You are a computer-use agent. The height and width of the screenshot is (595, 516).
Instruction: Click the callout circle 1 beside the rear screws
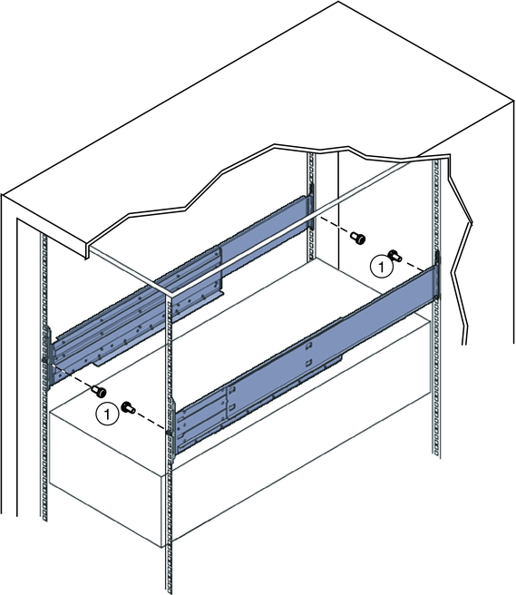pyautogui.click(x=381, y=267)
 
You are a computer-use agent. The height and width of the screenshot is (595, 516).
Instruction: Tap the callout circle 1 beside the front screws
pyautogui.click(x=108, y=414)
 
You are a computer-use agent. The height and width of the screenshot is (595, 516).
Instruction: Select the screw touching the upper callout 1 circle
pyautogui.click(x=394, y=256)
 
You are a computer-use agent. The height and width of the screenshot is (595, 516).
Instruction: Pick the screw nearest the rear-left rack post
pyautogui.click(x=358, y=239)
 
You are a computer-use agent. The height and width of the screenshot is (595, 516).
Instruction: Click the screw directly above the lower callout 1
pyautogui.click(x=99, y=391)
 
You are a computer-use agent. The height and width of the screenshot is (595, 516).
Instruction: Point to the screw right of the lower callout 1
pyautogui.click(x=128, y=408)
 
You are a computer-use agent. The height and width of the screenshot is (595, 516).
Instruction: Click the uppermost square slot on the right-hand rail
pyautogui.click(x=309, y=345)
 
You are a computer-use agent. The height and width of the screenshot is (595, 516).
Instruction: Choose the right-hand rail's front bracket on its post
pyautogui.click(x=172, y=430)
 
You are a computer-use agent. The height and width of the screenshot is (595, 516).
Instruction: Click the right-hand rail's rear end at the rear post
pyautogui.click(x=437, y=274)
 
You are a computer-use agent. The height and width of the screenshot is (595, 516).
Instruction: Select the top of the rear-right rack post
pyautogui.click(x=437, y=161)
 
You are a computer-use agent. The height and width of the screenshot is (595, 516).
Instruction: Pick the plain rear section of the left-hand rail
pyautogui.click(x=265, y=230)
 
